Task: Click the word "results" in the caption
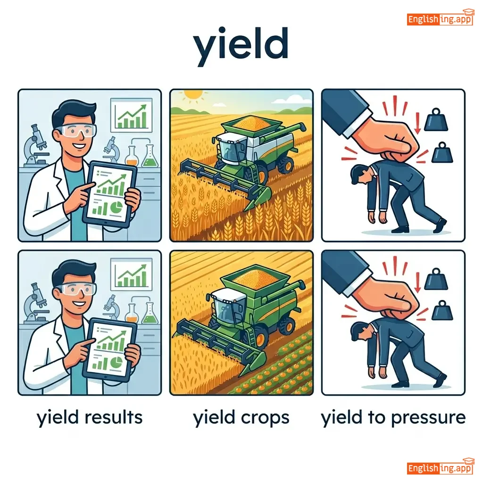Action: (x=113, y=417)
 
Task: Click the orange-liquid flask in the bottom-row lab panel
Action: (x=132, y=313)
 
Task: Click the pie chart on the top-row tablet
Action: (x=117, y=207)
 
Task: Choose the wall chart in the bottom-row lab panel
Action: (x=132, y=274)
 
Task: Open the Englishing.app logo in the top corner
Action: (x=440, y=18)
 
